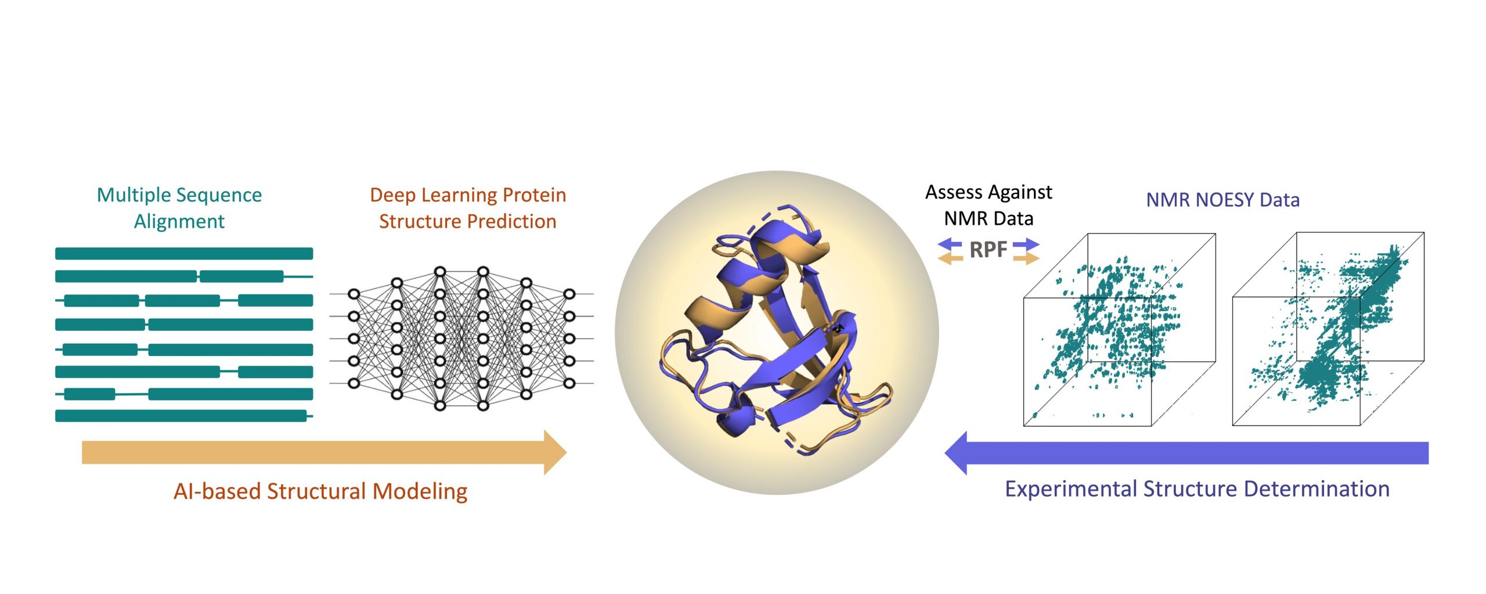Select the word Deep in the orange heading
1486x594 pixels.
[392, 196]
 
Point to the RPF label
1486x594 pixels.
[988, 250]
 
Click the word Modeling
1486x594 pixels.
[420, 492]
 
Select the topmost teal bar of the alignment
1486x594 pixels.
[184, 253]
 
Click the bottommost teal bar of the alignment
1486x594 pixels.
[181, 416]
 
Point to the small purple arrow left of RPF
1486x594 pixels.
[950, 244]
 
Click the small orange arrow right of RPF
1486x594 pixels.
[1026, 258]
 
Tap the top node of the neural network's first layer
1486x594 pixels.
[354, 294]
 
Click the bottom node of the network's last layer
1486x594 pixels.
[569, 383]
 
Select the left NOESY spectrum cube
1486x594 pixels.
[1119, 330]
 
